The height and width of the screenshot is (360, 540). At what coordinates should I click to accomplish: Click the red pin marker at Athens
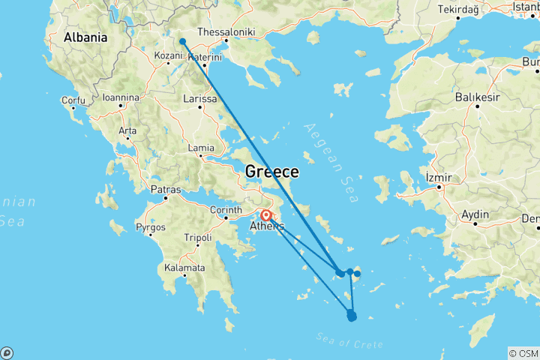pos(266,216)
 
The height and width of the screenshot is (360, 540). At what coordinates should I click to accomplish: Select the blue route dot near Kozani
pos(182,42)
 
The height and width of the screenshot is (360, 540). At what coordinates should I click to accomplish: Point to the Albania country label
pos(85,37)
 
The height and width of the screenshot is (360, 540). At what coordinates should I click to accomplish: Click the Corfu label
pos(73,100)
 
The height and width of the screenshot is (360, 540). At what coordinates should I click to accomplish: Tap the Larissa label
pos(200,98)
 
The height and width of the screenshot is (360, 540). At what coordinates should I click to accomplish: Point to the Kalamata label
pos(184,268)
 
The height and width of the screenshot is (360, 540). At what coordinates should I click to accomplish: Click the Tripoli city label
pos(200,238)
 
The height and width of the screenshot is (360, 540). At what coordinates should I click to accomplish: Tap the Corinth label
pos(226,210)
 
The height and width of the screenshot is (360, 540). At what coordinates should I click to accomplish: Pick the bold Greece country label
pos(272,172)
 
